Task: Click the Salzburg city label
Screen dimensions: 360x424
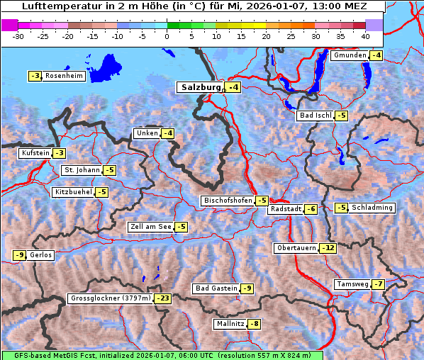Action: tap(201, 87)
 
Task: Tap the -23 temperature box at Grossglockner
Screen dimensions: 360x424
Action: tap(163, 299)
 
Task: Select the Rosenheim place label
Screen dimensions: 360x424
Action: tap(65, 76)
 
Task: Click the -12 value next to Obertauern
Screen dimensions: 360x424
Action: tap(328, 248)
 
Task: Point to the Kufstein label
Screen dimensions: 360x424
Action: tap(35, 153)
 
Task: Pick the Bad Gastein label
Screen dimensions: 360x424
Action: tap(216, 288)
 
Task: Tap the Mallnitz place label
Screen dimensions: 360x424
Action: tap(229, 324)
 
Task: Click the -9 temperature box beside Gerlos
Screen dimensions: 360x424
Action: tap(20, 255)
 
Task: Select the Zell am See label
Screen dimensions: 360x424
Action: tap(150, 227)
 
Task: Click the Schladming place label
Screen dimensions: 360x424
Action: tap(372, 208)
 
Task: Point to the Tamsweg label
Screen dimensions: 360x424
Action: tap(352, 284)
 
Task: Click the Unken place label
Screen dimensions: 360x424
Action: tap(147, 133)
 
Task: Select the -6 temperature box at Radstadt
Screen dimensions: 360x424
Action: tap(311, 209)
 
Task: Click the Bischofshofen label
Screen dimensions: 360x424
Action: tap(228, 201)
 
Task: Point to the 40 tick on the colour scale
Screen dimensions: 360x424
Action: tap(365, 35)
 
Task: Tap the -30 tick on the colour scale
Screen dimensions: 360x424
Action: tap(18, 35)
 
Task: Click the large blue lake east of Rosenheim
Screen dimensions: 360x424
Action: tap(106, 68)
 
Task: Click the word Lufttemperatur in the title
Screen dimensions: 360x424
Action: tap(52, 6)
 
